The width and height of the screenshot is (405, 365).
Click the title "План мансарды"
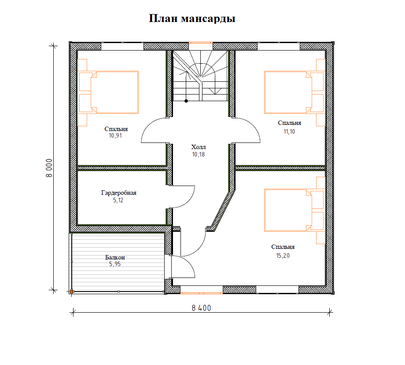click(192, 19)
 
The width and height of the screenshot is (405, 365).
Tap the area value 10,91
click(115, 136)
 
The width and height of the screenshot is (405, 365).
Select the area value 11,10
click(289, 131)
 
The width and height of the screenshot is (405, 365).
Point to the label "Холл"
click(199, 147)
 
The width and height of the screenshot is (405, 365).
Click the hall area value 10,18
click(199, 154)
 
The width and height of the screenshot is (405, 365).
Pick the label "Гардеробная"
click(119, 193)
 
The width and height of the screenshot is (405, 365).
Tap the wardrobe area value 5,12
click(119, 201)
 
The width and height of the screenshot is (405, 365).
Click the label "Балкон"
click(115, 257)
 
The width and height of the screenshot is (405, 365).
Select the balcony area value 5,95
click(115, 264)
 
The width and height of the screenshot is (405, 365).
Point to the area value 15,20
click(283, 255)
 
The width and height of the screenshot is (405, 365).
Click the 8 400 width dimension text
click(201, 308)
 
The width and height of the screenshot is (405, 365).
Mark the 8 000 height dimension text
click(49, 168)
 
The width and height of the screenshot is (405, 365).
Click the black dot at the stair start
click(186, 101)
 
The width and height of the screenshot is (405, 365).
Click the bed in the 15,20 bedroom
click(288, 210)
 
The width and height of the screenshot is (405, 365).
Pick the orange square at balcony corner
click(71, 291)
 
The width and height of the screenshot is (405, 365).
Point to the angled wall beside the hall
click(221, 210)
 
